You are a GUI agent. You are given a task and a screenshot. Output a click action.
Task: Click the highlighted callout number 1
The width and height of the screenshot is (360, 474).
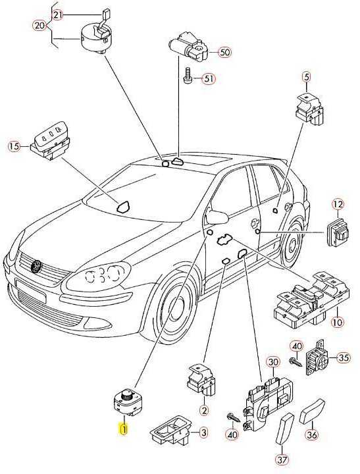[x=124, y=429]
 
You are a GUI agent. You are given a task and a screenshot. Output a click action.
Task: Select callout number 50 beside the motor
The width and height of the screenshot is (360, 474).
[x=224, y=52]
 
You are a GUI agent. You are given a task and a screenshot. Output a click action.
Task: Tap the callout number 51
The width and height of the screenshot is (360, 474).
[x=209, y=79]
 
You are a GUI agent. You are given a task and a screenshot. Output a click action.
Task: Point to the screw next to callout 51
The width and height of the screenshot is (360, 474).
[x=187, y=75]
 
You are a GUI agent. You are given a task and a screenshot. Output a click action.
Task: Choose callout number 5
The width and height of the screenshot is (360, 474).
[x=307, y=77]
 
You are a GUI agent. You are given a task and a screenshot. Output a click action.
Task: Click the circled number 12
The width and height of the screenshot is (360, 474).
[x=338, y=205]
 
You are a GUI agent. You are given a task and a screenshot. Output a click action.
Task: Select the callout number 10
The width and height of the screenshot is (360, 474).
[x=337, y=322]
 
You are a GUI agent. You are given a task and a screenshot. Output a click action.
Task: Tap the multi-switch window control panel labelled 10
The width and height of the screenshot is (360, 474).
[x=311, y=299]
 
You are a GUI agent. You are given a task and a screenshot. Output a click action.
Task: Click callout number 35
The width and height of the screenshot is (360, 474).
[x=343, y=358]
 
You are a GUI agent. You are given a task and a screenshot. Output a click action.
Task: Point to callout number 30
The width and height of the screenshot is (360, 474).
[x=273, y=362]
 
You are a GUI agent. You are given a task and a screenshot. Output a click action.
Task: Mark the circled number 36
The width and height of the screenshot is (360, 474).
[x=312, y=434]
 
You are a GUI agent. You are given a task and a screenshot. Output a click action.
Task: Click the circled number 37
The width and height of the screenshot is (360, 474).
[x=282, y=460]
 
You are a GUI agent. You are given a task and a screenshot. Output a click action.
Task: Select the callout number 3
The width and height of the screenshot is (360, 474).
[x=204, y=433]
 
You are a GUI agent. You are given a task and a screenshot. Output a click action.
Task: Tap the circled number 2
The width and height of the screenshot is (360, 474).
[x=204, y=410]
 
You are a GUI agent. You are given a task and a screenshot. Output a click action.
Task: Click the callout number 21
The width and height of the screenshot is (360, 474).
[x=58, y=14]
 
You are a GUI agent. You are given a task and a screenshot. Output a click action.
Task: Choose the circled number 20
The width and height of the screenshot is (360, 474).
[x=39, y=26]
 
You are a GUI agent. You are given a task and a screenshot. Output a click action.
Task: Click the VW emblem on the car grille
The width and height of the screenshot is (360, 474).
[x=37, y=267]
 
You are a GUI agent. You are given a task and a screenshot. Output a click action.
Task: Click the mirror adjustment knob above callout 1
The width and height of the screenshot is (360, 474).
[x=126, y=395]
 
